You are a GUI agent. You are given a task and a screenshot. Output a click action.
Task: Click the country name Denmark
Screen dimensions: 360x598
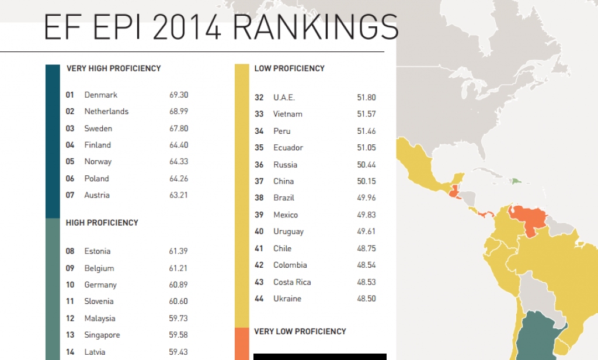(x=100, y=95)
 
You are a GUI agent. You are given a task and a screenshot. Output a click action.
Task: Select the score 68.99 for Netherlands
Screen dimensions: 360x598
(x=179, y=112)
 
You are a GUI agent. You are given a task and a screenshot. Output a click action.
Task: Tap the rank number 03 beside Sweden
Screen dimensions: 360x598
(x=70, y=129)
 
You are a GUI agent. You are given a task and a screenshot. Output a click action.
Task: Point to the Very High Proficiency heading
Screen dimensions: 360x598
(x=113, y=68)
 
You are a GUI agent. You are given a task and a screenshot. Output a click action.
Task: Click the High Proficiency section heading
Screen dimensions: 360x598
(x=102, y=223)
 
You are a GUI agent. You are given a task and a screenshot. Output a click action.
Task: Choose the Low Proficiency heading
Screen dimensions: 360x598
(x=289, y=68)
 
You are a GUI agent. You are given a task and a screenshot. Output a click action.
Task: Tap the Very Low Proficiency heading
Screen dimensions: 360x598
(x=300, y=331)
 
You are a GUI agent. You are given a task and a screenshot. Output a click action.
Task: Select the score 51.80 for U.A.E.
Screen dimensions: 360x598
(x=366, y=98)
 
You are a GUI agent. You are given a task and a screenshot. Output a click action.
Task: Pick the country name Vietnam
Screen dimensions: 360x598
(x=287, y=114)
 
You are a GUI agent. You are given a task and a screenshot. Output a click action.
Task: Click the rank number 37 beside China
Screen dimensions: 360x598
(x=259, y=181)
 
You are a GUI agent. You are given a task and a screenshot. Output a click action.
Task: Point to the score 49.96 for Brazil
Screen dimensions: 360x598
(x=366, y=198)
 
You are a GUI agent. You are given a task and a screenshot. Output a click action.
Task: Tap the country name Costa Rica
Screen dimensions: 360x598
(x=292, y=282)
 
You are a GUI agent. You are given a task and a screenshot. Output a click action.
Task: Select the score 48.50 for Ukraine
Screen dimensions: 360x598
(x=366, y=299)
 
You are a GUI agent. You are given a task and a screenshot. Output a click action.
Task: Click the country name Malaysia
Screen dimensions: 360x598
(x=99, y=319)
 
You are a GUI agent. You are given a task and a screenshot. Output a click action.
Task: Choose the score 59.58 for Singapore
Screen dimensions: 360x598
(x=179, y=335)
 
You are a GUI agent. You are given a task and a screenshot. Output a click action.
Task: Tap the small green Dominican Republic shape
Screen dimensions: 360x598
(x=516, y=181)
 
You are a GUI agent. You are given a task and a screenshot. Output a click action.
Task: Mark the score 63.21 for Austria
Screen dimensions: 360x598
(x=179, y=195)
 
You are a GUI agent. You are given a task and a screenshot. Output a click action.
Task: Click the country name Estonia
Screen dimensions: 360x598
(x=97, y=251)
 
